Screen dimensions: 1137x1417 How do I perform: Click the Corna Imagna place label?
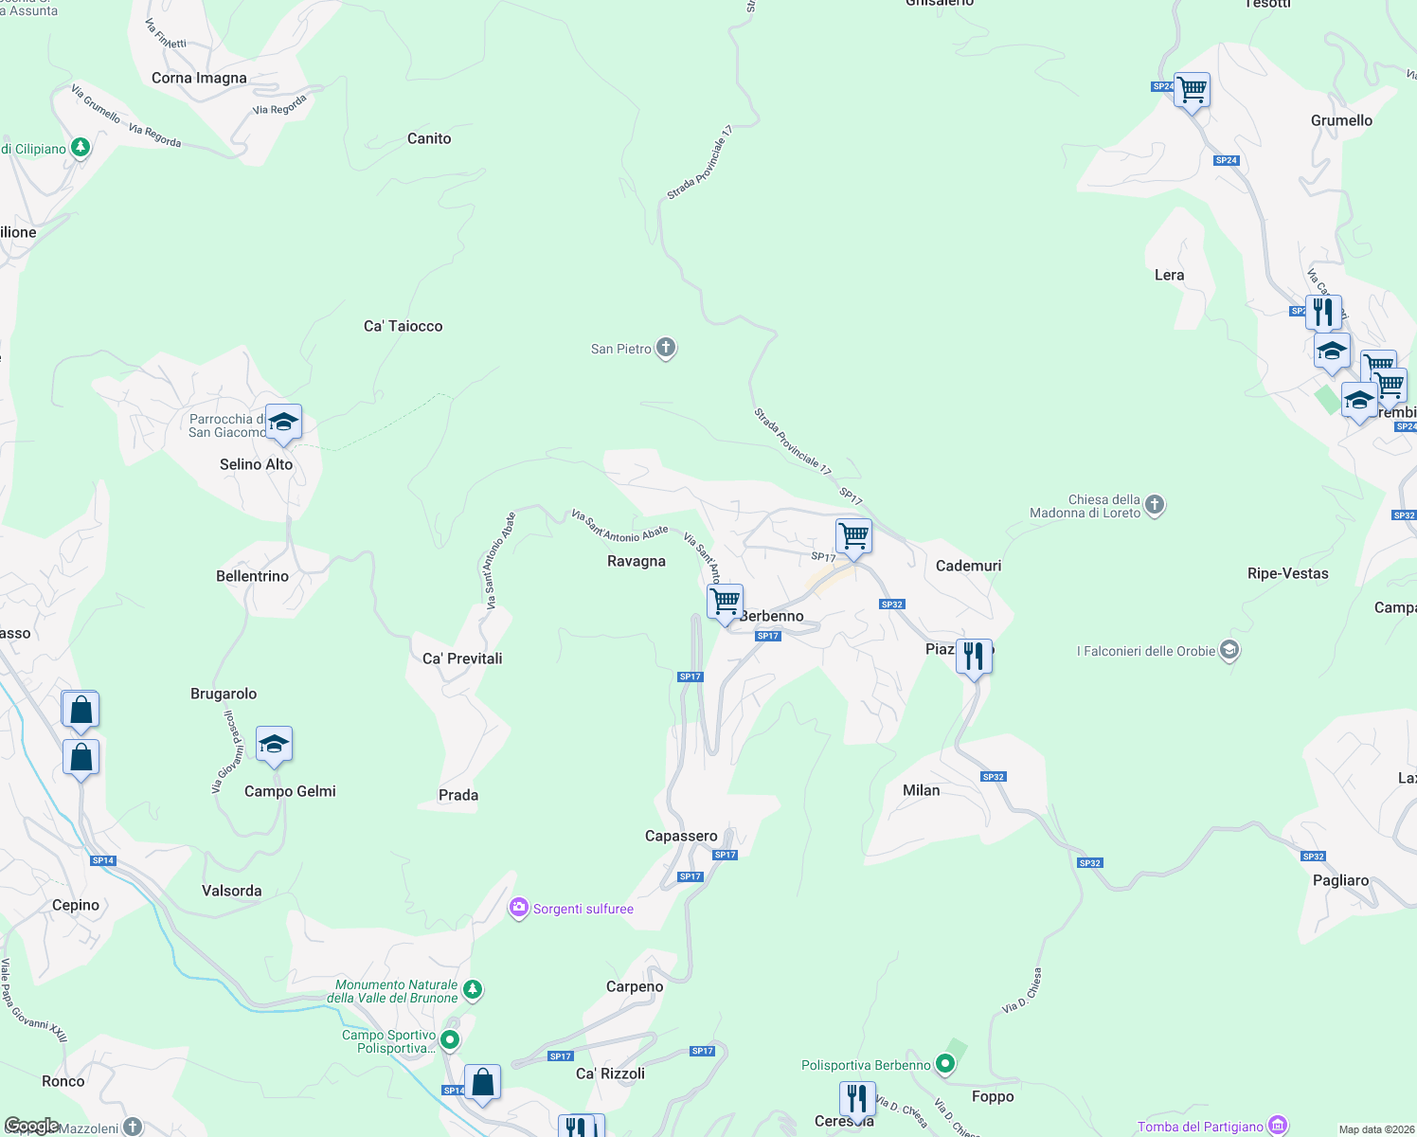(199, 79)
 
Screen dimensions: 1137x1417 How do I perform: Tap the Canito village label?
(429, 138)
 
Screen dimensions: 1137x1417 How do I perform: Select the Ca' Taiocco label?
(403, 326)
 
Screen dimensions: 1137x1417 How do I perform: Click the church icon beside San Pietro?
(666, 348)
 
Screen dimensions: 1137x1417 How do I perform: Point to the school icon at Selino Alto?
(283, 422)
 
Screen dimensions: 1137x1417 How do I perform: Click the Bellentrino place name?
(252, 576)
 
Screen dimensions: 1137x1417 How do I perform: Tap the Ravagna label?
(637, 561)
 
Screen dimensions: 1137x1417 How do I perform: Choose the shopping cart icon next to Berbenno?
(725, 602)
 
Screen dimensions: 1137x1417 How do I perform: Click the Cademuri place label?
(968, 566)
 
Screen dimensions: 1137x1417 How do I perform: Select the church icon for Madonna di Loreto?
(1155, 504)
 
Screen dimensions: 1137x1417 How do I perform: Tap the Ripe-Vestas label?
(1287, 573)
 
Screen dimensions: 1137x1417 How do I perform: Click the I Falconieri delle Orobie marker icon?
(1229, 650)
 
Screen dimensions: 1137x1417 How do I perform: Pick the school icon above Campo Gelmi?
(274, 745)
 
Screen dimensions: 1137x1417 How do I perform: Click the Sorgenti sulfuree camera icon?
(518, 909)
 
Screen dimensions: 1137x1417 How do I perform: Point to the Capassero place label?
(681, 836)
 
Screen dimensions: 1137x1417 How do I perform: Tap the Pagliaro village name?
(1340, 880)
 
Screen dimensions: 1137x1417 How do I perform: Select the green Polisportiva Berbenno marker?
(944, 1065)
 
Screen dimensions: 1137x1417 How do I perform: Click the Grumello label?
(1341, 120)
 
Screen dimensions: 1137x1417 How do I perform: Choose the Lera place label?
(1169, 275)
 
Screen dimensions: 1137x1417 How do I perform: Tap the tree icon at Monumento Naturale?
(474, 990)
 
